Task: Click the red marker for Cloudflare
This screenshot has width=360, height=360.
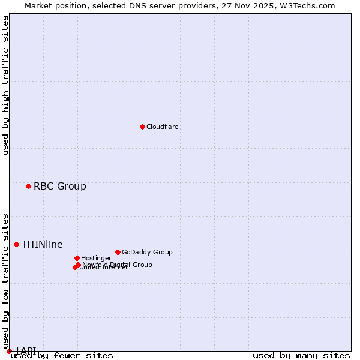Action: [142, 127]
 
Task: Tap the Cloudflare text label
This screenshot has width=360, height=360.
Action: [163, 127]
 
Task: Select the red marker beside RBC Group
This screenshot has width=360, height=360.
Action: [28, 186]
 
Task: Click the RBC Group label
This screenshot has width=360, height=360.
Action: [60, 186]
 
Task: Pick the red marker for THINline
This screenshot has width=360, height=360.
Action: [17, 244]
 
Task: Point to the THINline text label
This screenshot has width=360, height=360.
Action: [42, 244]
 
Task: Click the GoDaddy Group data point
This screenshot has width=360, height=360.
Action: [118, 252]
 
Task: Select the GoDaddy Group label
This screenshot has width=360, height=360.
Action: [147, 253]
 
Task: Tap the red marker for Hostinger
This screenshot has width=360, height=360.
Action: [77, 258]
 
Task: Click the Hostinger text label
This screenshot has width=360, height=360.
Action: [96, 259]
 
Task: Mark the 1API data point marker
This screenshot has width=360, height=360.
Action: [9, 351]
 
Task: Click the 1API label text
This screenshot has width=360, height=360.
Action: [26, 350]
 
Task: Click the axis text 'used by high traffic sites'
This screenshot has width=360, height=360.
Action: [5, 85]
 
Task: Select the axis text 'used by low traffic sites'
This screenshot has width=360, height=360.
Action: [5, 277]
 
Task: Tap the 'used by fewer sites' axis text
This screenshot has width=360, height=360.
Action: [62, 356]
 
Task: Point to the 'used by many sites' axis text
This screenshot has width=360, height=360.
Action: [301, 356]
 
